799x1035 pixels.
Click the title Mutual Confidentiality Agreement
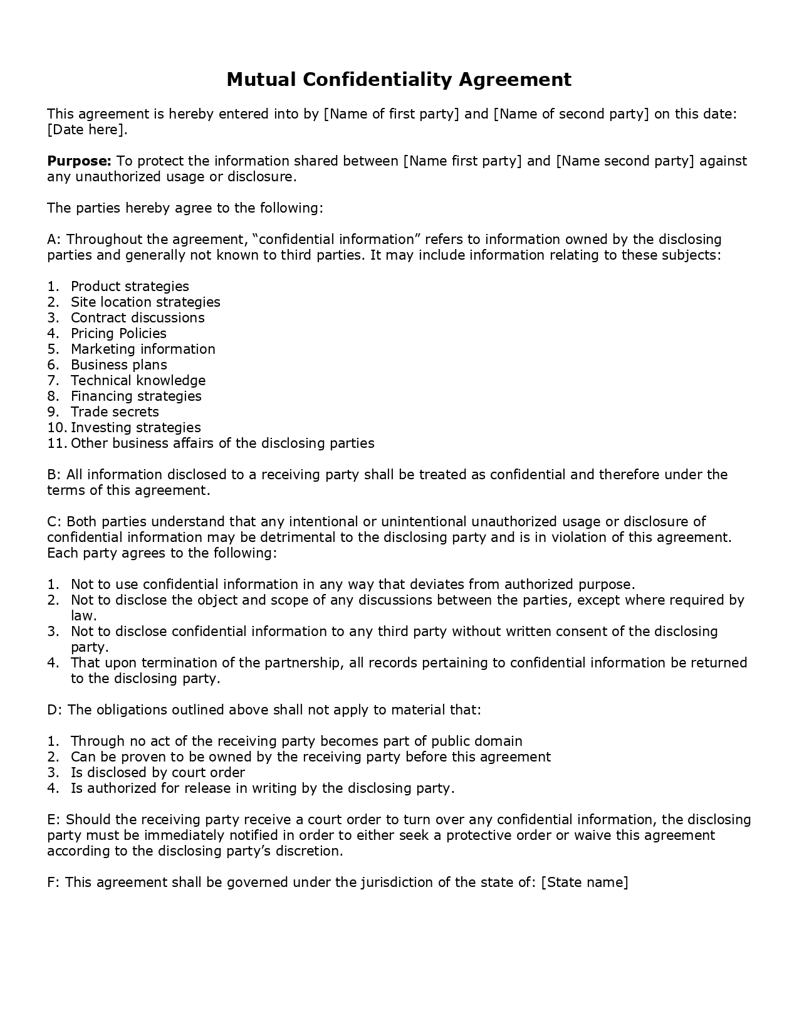399,80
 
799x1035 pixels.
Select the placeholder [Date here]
87,130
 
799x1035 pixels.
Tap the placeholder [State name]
584,883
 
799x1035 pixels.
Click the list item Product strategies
130,287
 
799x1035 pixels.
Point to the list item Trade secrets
115,412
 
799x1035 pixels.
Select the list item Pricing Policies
118,334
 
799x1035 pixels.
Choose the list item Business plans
119,365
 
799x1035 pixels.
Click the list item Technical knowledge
138,381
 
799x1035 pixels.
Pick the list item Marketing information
143,349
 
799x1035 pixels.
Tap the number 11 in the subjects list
56,443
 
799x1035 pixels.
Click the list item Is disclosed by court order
157,773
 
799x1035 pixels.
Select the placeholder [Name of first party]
392,114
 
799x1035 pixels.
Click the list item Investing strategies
136,428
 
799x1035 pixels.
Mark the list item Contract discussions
138,318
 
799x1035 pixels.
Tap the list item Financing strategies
136,396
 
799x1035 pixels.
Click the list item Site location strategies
145,302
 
